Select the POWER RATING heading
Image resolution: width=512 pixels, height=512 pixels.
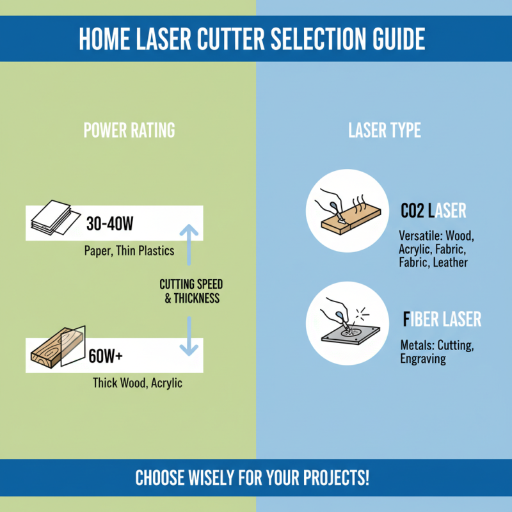point(129,131)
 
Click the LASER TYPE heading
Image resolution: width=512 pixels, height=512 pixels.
point(385,131)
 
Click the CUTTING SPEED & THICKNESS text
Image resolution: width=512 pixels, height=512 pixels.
point(191,291)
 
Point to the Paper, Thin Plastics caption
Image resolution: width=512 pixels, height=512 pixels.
point(129,251)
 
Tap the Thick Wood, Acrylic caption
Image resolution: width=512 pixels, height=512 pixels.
point(138,383)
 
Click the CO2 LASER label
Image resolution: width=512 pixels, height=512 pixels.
point(433,211)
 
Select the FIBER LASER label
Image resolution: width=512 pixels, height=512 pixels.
point(442,319)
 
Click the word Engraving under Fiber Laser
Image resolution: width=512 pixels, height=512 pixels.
point(423,359)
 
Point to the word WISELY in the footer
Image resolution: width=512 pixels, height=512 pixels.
point(218,478)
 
